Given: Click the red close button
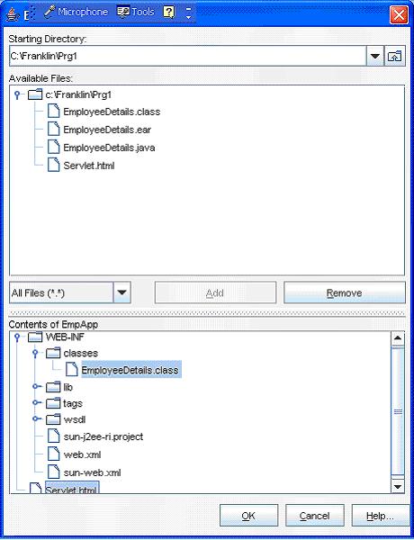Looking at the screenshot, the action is tap(399, 15).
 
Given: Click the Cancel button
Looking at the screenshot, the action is tap(315, 516).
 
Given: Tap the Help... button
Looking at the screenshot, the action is tap(380, 516).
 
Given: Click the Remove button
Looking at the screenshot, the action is tap(345, 292).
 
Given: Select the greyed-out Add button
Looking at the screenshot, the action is tap(215, 292).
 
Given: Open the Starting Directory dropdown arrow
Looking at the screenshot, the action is tap(375, 56).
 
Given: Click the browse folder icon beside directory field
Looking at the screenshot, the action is tap(395, 56).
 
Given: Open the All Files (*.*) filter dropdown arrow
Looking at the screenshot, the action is tap(121, 292).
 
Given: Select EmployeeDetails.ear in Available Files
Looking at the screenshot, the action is tap(107, 130).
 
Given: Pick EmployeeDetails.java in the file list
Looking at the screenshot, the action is tap(109, 148).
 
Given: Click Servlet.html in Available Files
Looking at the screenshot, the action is tap(89, 166).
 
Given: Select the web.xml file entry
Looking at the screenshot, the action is tap(82, 454).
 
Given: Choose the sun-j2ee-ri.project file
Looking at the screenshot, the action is tap(103, 436).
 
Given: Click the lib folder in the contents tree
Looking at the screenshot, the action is tap(59, 387).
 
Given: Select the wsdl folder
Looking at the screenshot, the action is tap(66, 419).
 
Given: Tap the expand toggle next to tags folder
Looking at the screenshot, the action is tap(35, 402).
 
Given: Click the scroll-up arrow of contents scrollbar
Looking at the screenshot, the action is tap(398, 338).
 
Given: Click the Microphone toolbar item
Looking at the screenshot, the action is tap(76, 12).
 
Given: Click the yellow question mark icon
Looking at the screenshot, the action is tap(169, 13).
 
